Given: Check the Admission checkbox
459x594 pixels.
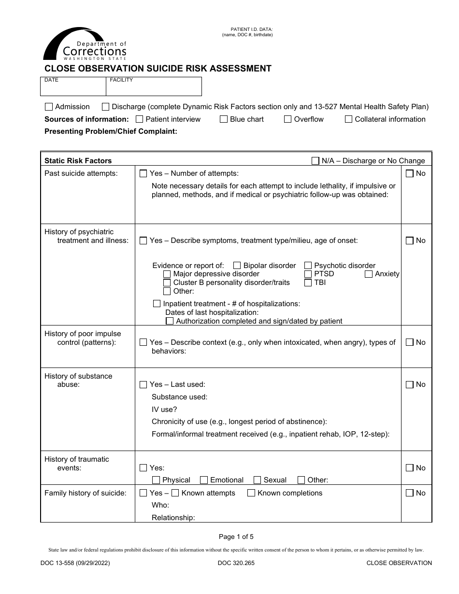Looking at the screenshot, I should [x=49, y=107].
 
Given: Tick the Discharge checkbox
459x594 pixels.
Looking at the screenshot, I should [x=105, y=107].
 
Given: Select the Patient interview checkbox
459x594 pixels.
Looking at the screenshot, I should [x=140, y=119].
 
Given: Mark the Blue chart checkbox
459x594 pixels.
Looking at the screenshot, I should [x=224, y=119].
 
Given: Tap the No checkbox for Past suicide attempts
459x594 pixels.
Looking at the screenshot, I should [x=410, y=173].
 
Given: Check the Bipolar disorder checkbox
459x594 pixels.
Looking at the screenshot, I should [x=237, y=266].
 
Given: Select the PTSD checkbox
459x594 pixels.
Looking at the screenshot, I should [x=308, y=274].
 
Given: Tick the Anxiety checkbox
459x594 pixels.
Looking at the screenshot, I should [x=369, y=274].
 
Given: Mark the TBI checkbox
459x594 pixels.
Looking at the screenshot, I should [x=308, y=283].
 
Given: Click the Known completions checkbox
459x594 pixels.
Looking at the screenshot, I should [x=251, y=493].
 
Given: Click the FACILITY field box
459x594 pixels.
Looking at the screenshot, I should [x=154, y=87].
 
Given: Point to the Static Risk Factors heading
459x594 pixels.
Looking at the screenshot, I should [x=78, y=161].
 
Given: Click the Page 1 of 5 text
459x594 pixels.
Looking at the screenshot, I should [x=236, y=537].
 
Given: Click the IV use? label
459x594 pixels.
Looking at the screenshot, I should [x=164, y=409].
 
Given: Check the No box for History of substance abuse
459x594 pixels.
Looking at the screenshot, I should [x=410, y=385].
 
